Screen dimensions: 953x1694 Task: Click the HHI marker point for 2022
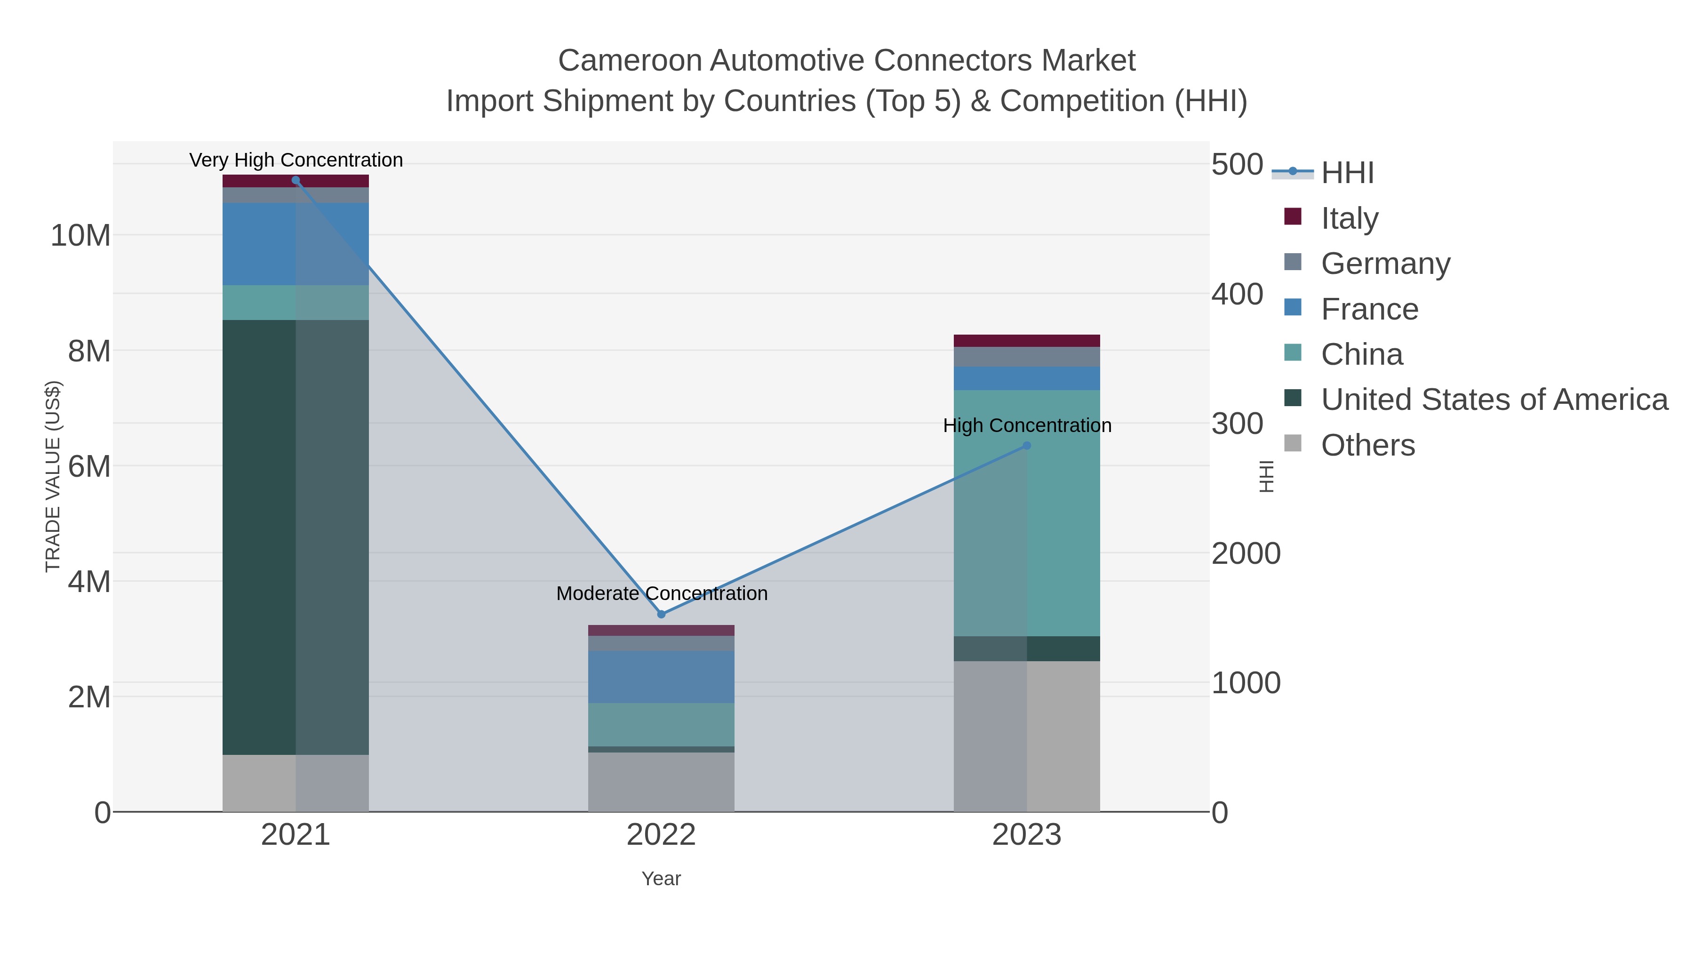(x=662, y=614)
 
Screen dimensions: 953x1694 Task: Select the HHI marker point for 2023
(x=1027, y=446)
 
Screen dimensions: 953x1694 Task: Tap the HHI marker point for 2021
(x=296, y=180)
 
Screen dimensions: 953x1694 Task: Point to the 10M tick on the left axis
(x=80, y=235)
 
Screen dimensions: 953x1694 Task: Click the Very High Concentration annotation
(x=296, y=160)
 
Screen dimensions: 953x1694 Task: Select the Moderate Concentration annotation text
(x=662, y=593)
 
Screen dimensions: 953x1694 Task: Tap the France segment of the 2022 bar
(x=661, y=677)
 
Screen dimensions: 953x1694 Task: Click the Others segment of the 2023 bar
(x=1027, y=737)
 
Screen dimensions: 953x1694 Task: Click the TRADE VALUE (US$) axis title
(x=53, y=476)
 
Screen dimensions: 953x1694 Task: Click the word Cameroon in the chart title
(x=630, y=61)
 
